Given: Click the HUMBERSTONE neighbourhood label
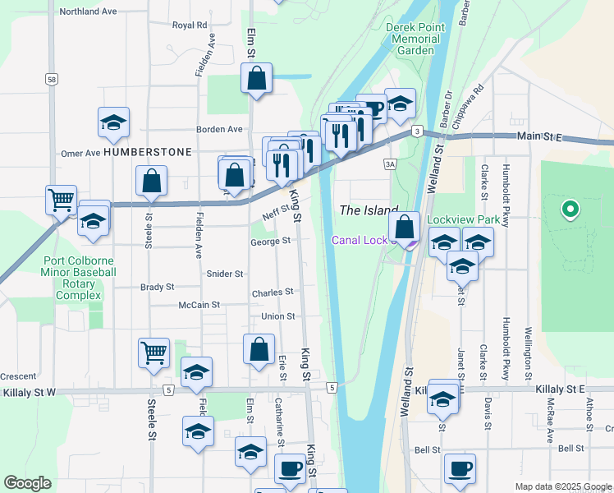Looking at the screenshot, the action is click(x=148, y=152).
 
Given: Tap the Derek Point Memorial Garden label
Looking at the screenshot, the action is click(x=413, y=39).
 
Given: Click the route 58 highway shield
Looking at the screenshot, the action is click(x=52, y=79).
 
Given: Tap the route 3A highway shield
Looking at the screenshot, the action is click(x=390, y=164).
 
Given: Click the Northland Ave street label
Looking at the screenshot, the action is click(x=88, y=12).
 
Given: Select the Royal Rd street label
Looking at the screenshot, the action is click(x=190, y=25).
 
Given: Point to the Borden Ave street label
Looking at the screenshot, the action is click(x=219, y=129).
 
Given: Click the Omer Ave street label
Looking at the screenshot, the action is click(x=80, y=153).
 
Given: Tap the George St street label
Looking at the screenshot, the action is click(x=271, y=242).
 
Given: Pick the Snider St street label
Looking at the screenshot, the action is click(x=225, y=274).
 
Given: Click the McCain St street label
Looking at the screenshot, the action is click(x=199, y=305).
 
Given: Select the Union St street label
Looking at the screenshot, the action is click(x=277, y=316).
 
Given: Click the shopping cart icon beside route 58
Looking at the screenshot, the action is click(x=62, y=199).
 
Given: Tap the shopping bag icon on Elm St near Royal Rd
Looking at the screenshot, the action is click(x=256, y=79).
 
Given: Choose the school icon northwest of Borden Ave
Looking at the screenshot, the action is click(x=113, y=122).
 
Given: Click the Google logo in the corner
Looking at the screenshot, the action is click(x=27, y=483).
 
